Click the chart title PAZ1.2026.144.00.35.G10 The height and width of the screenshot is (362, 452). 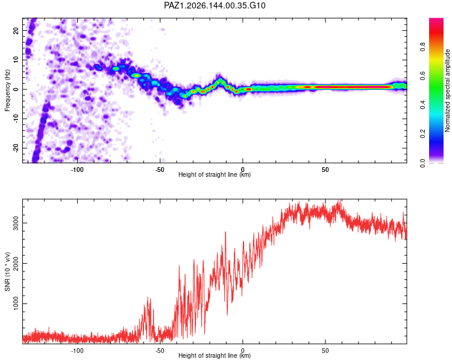pyautogui.click(x=215, y=5)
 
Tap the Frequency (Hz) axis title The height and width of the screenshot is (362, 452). pyautogui.click(x=7, y=91)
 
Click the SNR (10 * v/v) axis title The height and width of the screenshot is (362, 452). pyautogui.click(x=7, y=271)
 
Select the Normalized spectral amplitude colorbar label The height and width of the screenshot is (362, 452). pyautogui.click(x=447, y=91)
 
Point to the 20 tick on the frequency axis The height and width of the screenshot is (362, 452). pyautogui.click(x=16, y=30)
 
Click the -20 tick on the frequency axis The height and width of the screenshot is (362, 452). pyautogui.click(x=16, y=148)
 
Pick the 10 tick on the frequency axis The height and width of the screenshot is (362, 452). pyautogui.click(x=16, y=60)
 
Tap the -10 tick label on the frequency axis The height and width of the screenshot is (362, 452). pyautogui.click(x=16, y=119)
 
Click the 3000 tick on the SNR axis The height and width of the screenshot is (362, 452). pyautogui.click(x=16, y=223)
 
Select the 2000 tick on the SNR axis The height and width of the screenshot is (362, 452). pyautogui.click(x=16, y=263)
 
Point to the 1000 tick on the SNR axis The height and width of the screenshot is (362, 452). pyautogui.click(x=16, y=303)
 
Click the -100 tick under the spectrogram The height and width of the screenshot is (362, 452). pyautogui.click(x=77, y=170)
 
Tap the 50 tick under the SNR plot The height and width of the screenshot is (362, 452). pyautogui.click(x=325, y=350)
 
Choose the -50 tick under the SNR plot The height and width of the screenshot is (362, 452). pyautogui.click(x=160, y=350)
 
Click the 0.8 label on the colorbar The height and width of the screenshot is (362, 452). pyautogui.click(x=422, y=47)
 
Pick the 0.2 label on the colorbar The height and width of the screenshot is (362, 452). pyautogui.click(x=422, y=134)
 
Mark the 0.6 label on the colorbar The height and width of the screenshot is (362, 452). pyautogui.click(x=422, y=76)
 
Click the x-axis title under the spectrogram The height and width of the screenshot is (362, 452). pyautogui.click(x=215, y=174)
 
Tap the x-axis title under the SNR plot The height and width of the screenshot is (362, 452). pyautogui.click(x=215, y=355)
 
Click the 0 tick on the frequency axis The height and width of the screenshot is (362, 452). pyautogui.click(x=16, y=89)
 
